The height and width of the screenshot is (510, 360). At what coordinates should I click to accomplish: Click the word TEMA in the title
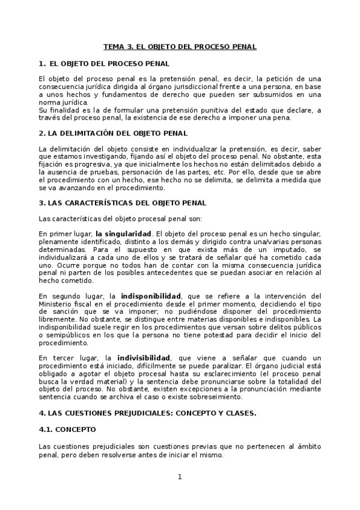[x=114, y=46]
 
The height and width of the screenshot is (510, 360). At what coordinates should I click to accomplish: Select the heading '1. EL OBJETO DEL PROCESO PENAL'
[x=103, y=63]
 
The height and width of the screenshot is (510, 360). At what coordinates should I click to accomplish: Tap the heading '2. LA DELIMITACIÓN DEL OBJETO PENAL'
[x=112, y=133]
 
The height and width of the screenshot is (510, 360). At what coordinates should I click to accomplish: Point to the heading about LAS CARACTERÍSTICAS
[x=122, y=203]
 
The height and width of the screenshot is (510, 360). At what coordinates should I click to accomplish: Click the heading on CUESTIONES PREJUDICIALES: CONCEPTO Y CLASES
[x=147, y=413]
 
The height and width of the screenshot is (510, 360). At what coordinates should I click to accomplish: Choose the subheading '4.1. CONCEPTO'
[x=67, y=430]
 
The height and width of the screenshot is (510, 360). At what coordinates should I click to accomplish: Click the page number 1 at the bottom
[x=179, y=477]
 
